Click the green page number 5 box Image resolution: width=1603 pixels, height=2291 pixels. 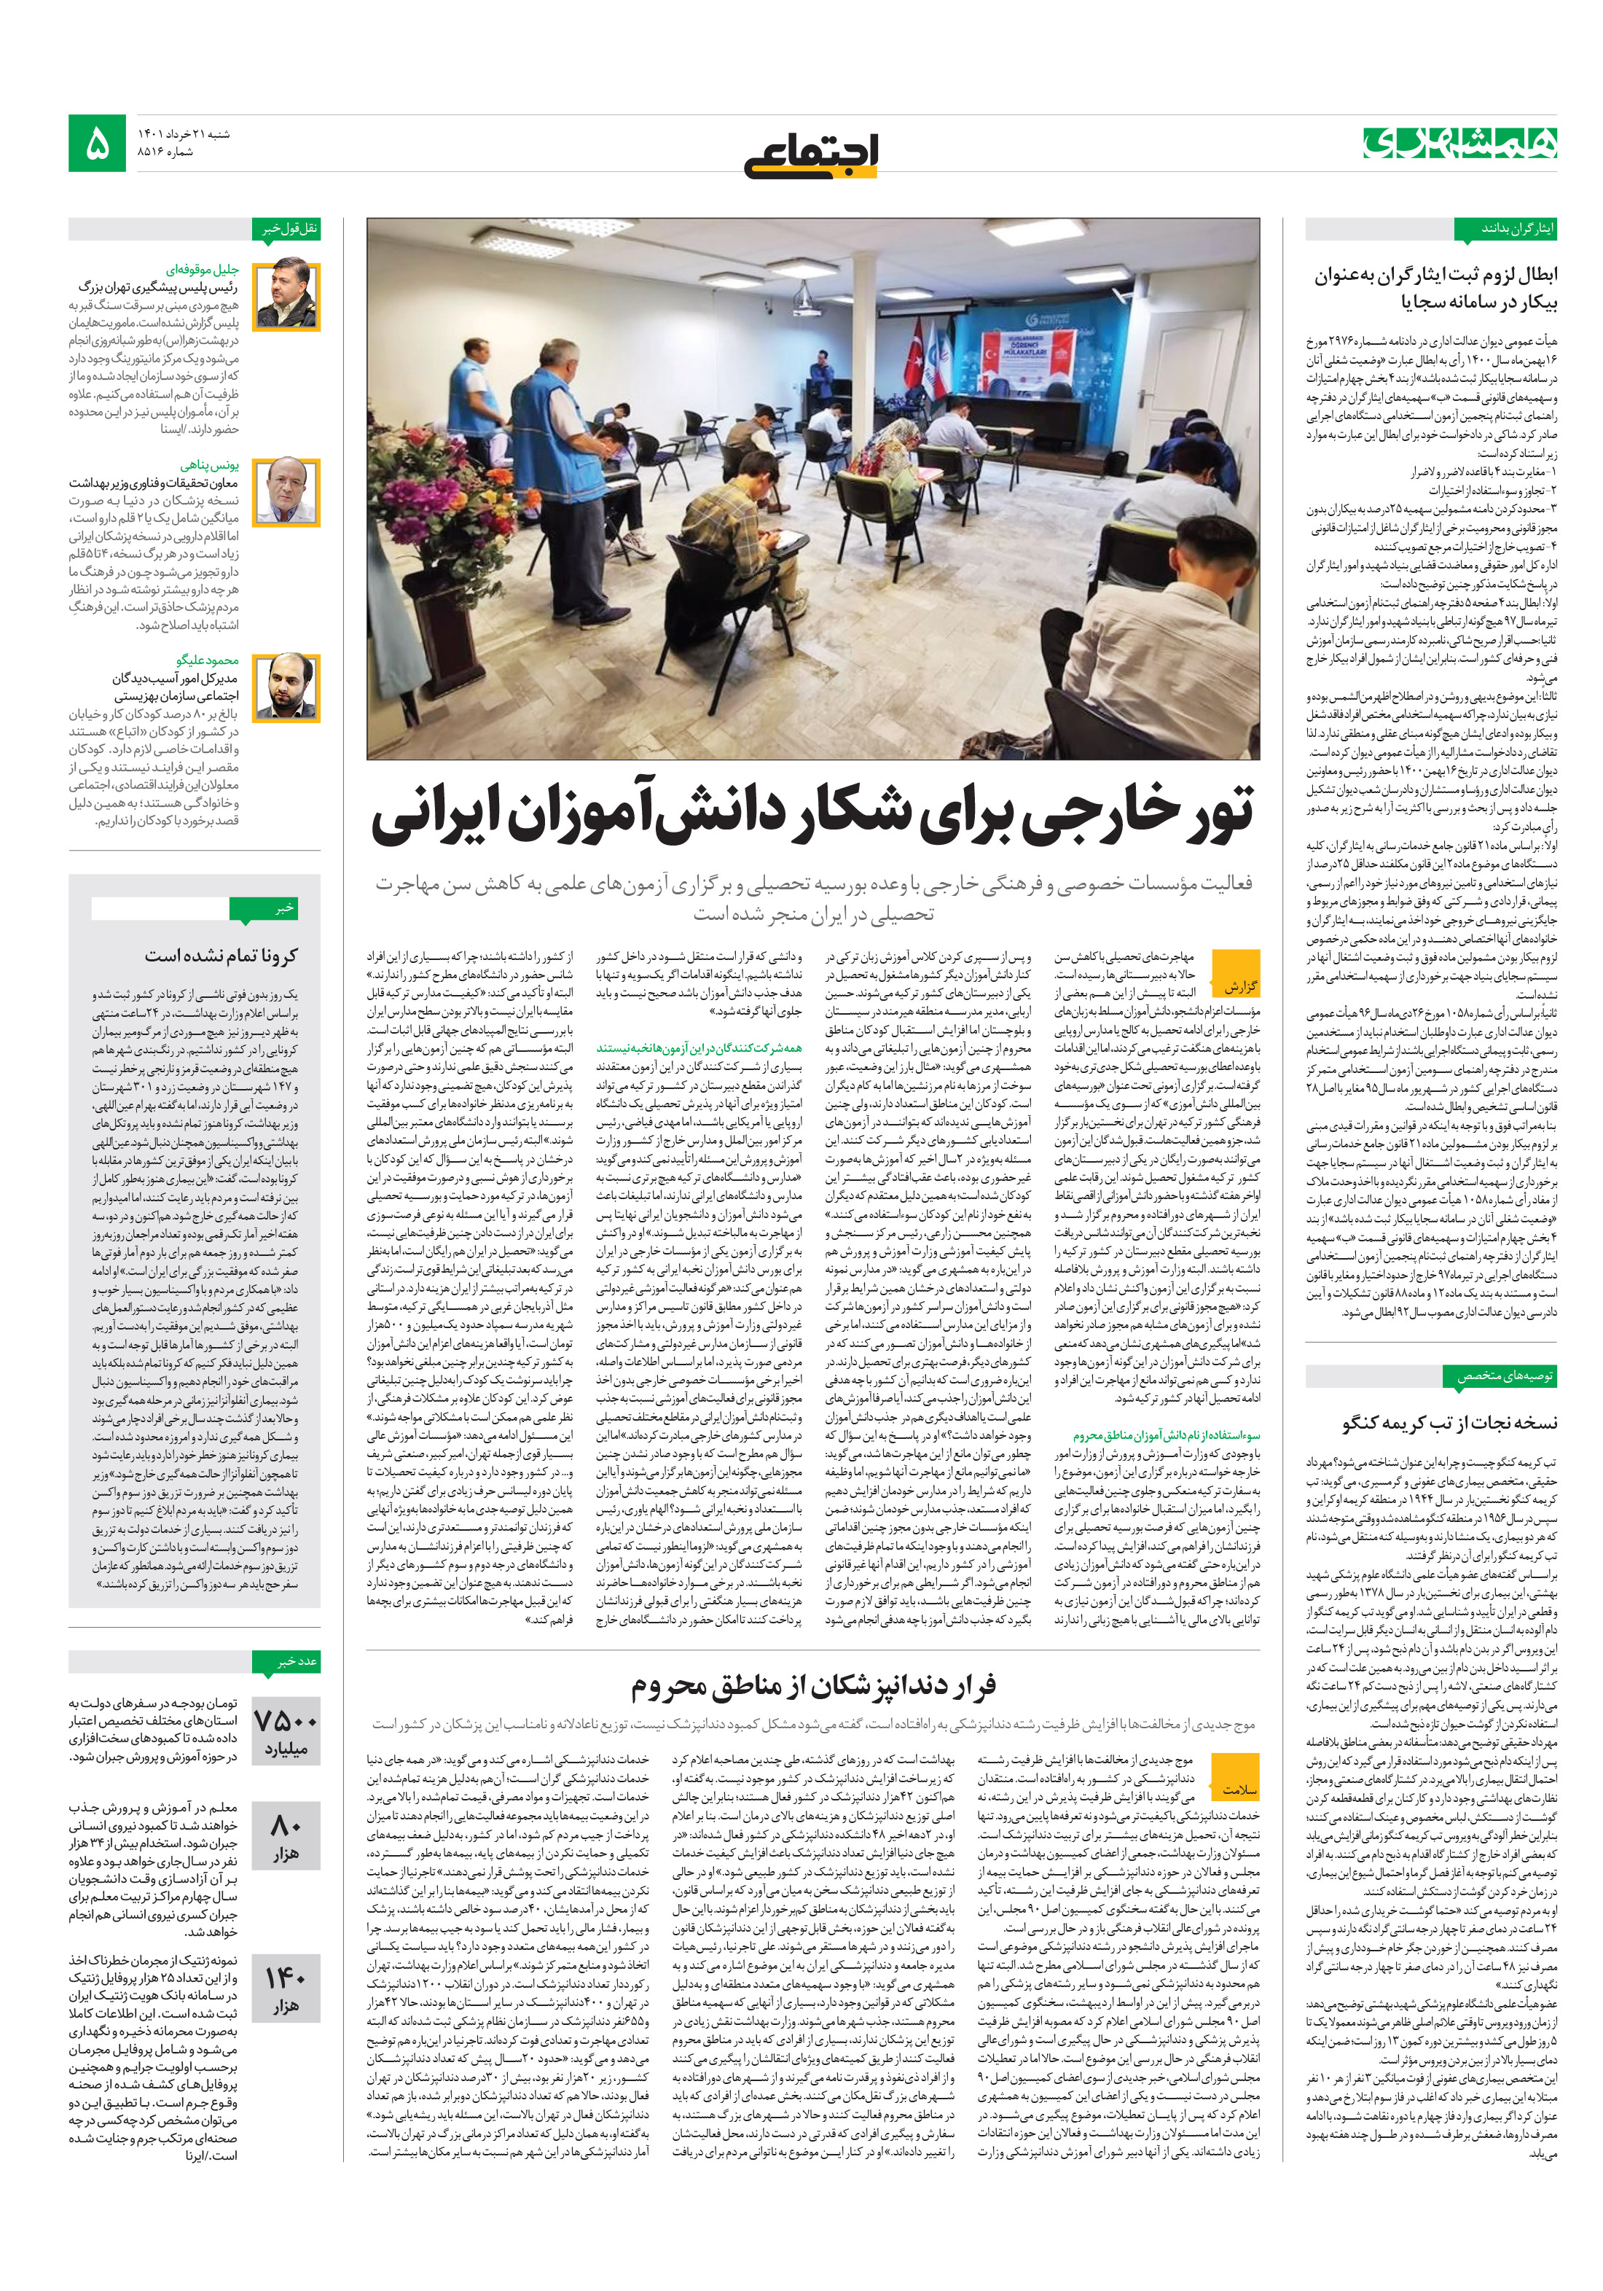(x=97, y=143)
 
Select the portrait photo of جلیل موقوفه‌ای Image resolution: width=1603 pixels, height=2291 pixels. (x=286, y=297)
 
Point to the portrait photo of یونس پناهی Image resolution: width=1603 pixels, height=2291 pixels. (x=286, y=491)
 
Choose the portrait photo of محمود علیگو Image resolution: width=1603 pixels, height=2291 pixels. (x=286, y=687)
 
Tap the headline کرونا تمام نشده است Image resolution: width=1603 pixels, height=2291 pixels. (x=221, y=955)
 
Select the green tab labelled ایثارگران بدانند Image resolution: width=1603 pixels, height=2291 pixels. (x=1517, y=228)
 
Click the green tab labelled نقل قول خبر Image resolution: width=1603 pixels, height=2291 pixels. (x=289, y=228)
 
